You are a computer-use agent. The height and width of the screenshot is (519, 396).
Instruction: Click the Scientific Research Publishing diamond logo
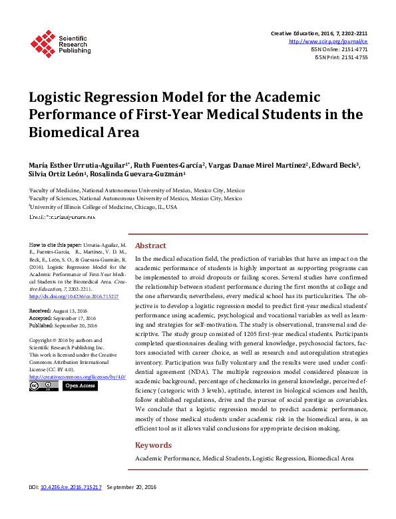tap(43, 44)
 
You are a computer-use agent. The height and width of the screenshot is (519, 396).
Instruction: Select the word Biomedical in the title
tap(65, 131)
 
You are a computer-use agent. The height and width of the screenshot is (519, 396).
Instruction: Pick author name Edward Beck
tap(337, 165)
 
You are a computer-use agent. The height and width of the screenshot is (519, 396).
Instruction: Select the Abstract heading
tap(150, 245)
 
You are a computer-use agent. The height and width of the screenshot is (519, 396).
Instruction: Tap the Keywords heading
tap(153, 445)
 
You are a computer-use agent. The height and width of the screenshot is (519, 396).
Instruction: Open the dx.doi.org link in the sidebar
tap(74, 295)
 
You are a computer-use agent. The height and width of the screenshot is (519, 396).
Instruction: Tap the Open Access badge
tap(80, 386)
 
